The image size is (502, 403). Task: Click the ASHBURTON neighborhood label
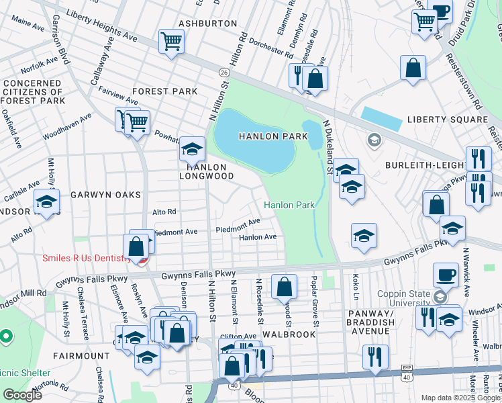pyautogui.click(x=208, y=24)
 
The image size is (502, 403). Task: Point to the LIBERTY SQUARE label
pyautogui.click(x=447, y=120)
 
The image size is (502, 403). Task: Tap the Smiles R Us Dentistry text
pyautogui.click(x=87, y=259)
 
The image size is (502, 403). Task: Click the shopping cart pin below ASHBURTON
pyautogui.click(x=171, y=42)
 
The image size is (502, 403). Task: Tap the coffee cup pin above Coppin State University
pyautogui.click(x=446, y=274)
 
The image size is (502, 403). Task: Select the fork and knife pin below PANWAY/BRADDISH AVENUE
pyautogui.click(x=375, y=356)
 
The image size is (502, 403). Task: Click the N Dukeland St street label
pyautogui.click(x=329, y=146)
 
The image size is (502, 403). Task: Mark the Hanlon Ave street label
pyautogui.click(x=258, y=237)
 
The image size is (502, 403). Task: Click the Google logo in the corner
pyautogui.click(x=22, y=396)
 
